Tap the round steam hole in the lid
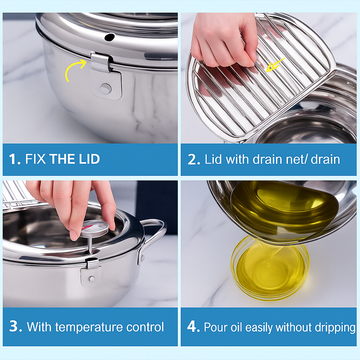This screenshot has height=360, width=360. (x=110, y=37)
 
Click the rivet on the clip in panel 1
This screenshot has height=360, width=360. (x=106, y=88)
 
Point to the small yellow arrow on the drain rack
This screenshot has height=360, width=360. (x=275, y=65)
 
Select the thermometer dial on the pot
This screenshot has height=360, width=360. (x=95, y=228)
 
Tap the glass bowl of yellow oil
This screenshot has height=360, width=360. (x=270, y=268)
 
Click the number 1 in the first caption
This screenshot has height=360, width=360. (x=14, y=159)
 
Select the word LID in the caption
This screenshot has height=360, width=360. (x=88, y=159)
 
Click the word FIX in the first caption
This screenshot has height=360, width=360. (x=35, y=159)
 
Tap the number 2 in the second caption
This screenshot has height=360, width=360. (x=193, y=160)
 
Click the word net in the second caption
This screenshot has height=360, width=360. (x=297, y=160)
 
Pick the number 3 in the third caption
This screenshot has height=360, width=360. (x=15, y=327)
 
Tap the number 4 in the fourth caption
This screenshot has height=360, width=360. (x=193, y=327)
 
